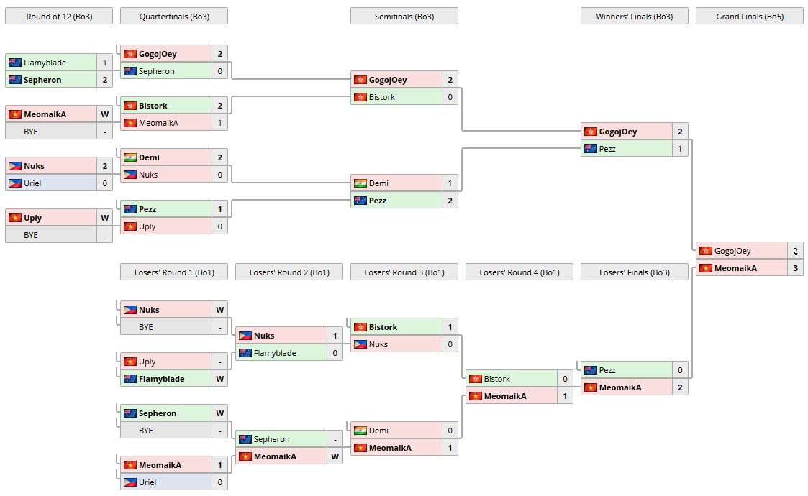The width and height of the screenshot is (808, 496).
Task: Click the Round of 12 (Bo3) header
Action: coord(59,17)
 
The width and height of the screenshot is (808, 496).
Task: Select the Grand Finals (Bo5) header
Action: coord(749,17)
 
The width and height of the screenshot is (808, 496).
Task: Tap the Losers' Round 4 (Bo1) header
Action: coord(519,272)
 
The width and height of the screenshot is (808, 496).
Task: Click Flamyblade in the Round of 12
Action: coord(45,63)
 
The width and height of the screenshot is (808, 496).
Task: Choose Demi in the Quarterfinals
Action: coord(149,157)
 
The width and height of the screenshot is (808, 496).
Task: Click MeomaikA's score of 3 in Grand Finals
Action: coord(795,268)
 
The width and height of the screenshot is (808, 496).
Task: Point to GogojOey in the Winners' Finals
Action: coord(618,132)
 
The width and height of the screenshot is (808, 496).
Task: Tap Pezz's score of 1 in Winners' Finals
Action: coord(680,149)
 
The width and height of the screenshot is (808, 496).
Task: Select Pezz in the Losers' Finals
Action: coord(607,370)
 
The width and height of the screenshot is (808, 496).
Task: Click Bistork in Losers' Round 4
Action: coord(496,379)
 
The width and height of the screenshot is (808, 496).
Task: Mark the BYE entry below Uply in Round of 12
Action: coord(31,235)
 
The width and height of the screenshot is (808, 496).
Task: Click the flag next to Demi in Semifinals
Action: coord(360,183)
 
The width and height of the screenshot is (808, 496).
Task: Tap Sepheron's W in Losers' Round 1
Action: coord(219,413)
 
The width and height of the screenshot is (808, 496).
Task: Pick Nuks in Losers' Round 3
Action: coord(378,344)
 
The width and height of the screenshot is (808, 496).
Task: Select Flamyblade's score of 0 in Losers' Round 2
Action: coord(335,353)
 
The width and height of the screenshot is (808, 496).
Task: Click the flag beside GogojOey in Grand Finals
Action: coord(706,251)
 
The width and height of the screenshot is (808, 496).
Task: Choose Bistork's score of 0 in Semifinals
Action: coord(450,97)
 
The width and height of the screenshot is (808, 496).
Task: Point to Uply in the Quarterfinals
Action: coord(147,226)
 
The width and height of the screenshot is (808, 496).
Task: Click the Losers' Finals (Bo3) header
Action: coord(635,272)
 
